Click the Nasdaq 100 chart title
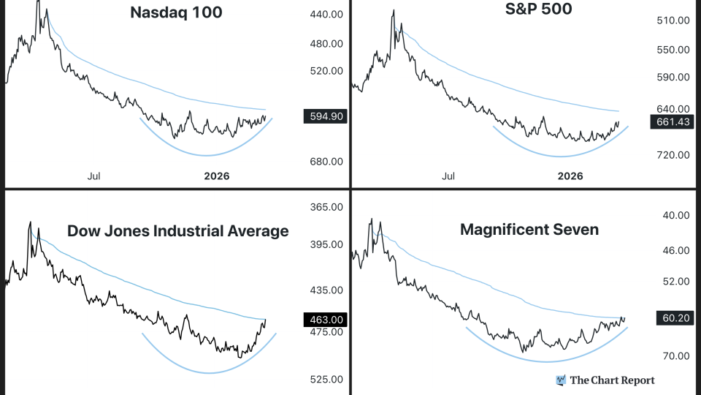176,12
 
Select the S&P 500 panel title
538,9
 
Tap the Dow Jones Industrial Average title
177,231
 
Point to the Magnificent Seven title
529,230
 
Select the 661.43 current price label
670,122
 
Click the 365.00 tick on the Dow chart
326,207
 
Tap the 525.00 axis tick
326,380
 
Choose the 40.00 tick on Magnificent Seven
675,215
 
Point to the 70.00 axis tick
675,356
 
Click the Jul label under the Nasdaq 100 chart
94,176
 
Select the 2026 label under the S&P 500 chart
570,176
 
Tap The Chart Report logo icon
561,380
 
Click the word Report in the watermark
637,380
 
